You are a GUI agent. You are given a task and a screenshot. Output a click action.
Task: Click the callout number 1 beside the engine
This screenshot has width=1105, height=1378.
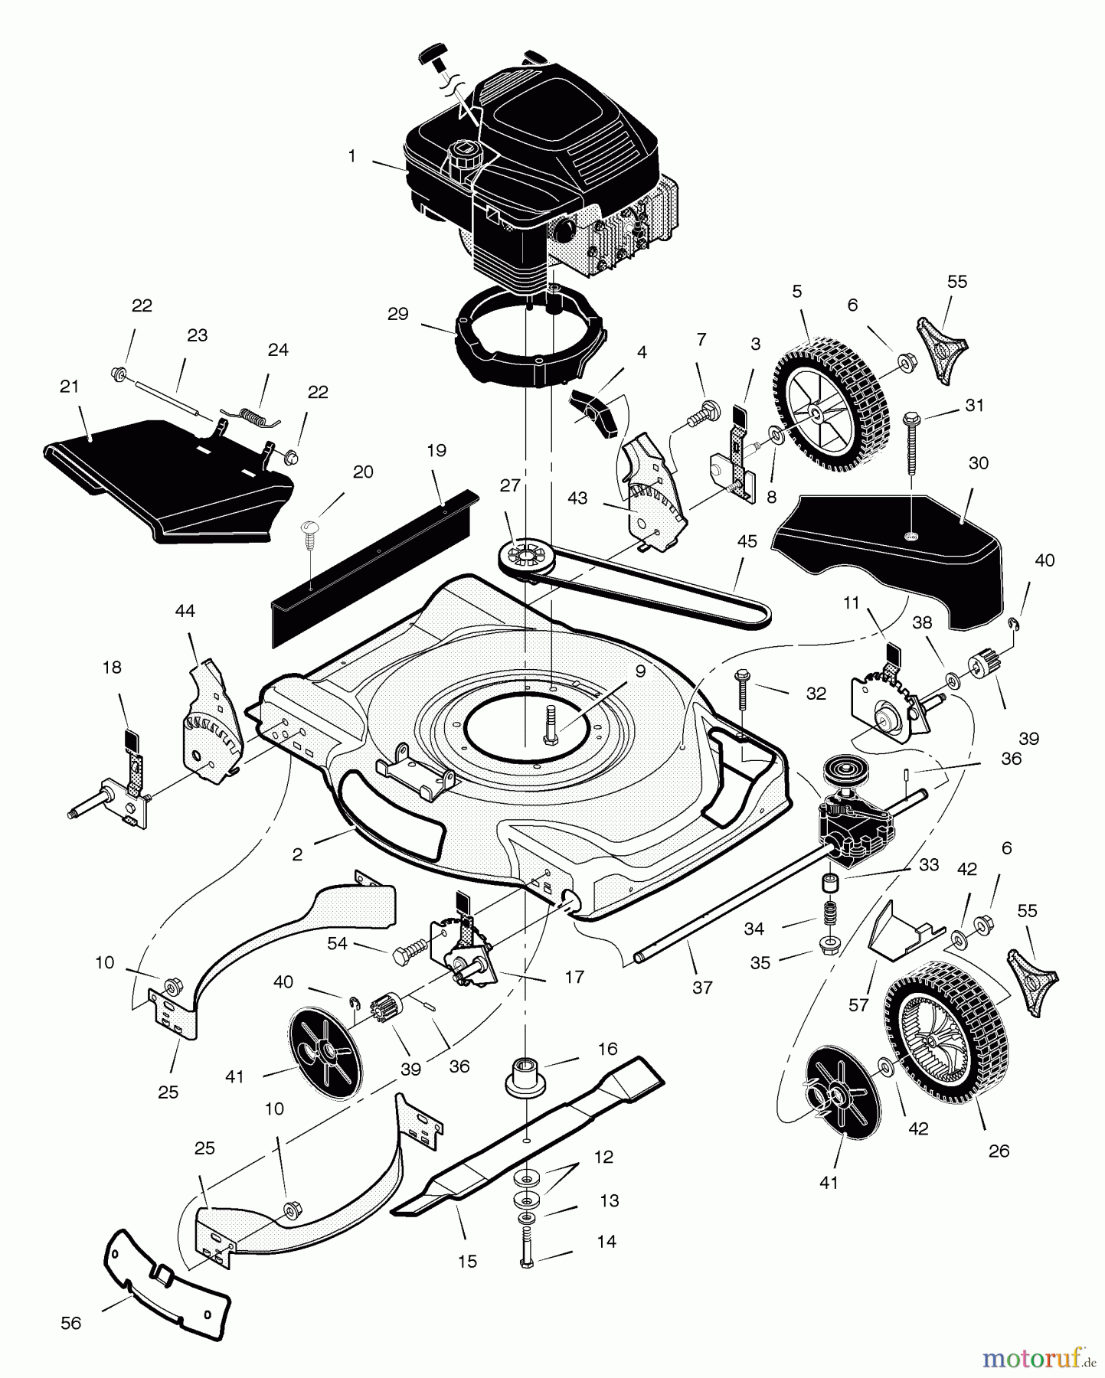click(351, 156)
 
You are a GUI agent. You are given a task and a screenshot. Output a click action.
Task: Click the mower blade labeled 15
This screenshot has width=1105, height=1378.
click(528, 1141)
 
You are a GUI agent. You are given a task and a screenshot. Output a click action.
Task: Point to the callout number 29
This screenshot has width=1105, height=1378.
click(398, 314)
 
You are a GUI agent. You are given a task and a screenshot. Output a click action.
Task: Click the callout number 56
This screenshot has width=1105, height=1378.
click(70, 1323)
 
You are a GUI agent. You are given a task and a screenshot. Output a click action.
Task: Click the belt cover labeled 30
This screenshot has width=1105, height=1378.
click(888, 551)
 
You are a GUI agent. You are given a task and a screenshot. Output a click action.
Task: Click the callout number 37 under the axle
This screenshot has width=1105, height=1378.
click(702, 988)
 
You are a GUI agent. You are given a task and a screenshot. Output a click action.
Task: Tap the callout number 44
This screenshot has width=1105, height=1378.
click(185, 610)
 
